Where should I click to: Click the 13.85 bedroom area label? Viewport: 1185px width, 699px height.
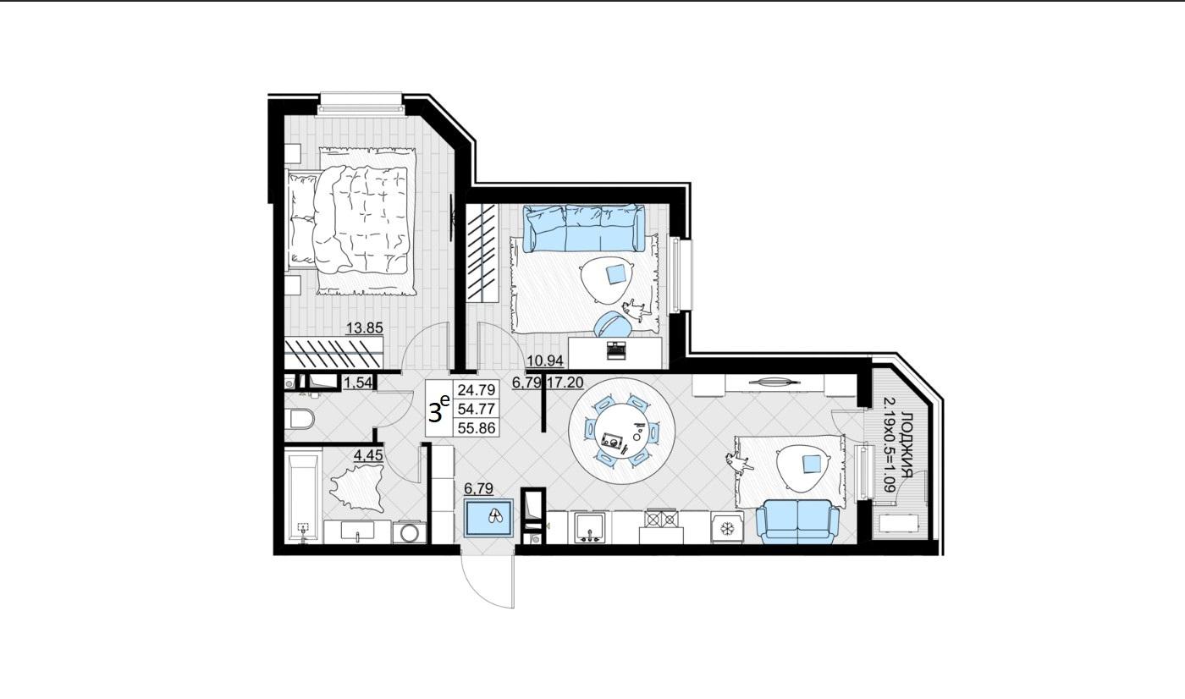click(x=364, y=328)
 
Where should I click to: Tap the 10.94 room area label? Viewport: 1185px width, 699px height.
click(x=545, y=361)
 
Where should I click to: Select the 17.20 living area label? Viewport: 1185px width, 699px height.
click(x=565, y=383)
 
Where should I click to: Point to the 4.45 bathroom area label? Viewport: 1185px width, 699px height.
click(x=367, y=455)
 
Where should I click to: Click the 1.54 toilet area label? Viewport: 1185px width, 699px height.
click(x=358, y=383)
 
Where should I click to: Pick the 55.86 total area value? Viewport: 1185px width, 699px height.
click(x=476, y=427)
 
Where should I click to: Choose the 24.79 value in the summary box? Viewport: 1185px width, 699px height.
click(x=476, y=390)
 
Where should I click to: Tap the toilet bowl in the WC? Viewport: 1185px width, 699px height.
click(x=302, y=420)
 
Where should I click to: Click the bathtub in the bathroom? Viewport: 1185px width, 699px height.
click(x=303, y=496)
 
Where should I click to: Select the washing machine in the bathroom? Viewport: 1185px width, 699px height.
click(x=410, y=532)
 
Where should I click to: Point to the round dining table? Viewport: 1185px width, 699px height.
click(x=621, y=431)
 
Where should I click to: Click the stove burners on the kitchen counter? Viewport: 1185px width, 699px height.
click(x=661, y=520)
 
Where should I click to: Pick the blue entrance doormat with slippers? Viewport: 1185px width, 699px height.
click(x=488, y=518)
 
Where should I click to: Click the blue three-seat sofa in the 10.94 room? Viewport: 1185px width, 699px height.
click(x=584, y=228)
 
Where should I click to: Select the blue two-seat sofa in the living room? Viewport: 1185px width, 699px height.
click(x=797, y=521)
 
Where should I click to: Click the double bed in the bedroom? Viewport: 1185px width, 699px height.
click(x=352, y=220)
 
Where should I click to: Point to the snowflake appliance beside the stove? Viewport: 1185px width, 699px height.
click(x=727, y=527)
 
